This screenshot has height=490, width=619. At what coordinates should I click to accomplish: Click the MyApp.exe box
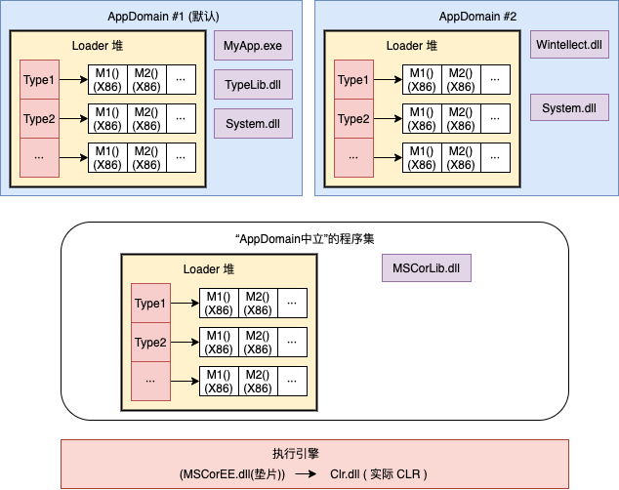(x=253, y=46)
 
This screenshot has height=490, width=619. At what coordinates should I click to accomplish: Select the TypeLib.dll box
(x=253, y=85)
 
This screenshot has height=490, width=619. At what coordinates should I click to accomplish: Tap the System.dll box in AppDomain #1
(x=253, y=123)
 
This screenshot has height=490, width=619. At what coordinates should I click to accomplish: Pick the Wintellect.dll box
(x=569, y=46)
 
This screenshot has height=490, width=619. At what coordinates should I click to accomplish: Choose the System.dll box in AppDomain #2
(x=569, y=107)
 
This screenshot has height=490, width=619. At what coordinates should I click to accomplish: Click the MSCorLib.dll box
(x=426, y=268)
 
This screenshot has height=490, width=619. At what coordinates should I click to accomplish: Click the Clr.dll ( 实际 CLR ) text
(x=379, y=473)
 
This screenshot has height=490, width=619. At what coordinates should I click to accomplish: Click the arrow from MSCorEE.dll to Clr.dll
(x=306, y=473)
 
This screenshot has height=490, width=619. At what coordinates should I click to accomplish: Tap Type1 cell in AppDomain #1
(x=40, y=81)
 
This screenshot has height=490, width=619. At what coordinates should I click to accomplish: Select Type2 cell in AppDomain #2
(x=353, y=119)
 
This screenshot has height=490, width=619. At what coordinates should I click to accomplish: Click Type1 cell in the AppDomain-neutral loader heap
(x=150, y=305)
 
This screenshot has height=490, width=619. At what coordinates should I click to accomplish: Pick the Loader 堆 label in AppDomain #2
(x=411, y=46)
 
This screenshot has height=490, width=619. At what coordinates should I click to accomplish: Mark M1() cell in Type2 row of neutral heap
(x=219, y=343)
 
